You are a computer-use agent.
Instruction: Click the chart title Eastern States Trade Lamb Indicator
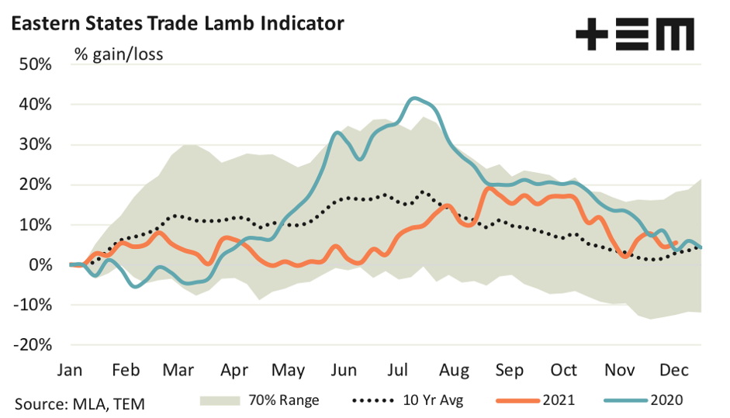pos(176,24)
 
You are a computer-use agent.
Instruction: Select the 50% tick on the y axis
pos(36,64)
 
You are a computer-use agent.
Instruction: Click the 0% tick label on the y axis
pos(40,265)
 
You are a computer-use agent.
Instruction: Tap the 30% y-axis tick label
pos(36,144)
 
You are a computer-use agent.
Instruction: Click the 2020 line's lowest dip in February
pos(137,287)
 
